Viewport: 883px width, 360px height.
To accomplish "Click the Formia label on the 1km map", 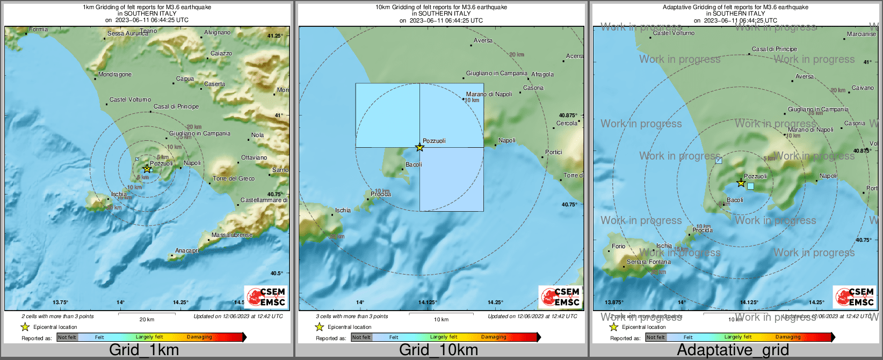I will click(x=38, y=30).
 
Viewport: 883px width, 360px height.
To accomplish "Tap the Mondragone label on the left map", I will click(x=115, y=75).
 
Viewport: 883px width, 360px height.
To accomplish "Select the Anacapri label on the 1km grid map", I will click(x=187, y=251).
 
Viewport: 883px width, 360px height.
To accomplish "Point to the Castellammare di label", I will click(x=264, y=200).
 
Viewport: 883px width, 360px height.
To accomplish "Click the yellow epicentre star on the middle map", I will click(x=420, y=147).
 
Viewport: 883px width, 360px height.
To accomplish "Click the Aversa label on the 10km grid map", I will click(x=483, y=41).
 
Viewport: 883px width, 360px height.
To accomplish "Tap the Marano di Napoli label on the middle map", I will click(x=489, y=95).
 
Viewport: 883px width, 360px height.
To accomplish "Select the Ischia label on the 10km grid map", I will click(x=343, y=211).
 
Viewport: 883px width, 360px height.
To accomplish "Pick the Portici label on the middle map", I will click(x=553, y=153).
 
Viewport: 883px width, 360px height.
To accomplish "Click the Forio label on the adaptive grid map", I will click(x=618, y=247).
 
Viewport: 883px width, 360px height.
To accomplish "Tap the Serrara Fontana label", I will click(x=648, y=262).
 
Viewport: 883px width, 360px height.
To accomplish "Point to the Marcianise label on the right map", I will click(x=861, y=34).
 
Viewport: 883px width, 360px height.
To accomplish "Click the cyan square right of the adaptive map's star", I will click(x=750, y=186).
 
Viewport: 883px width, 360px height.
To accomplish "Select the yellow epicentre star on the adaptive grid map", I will click(x=741, y=183).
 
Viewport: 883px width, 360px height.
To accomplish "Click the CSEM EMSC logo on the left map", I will click(x=266, y=297).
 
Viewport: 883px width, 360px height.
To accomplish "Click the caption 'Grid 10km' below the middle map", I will click(x=438, y=350).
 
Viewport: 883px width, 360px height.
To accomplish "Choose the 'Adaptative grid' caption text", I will click(x=733, y=350).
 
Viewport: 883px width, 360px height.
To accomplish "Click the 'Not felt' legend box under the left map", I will click(x=67, y=337).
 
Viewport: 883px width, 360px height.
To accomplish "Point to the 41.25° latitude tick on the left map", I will click(x=274, y=36).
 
